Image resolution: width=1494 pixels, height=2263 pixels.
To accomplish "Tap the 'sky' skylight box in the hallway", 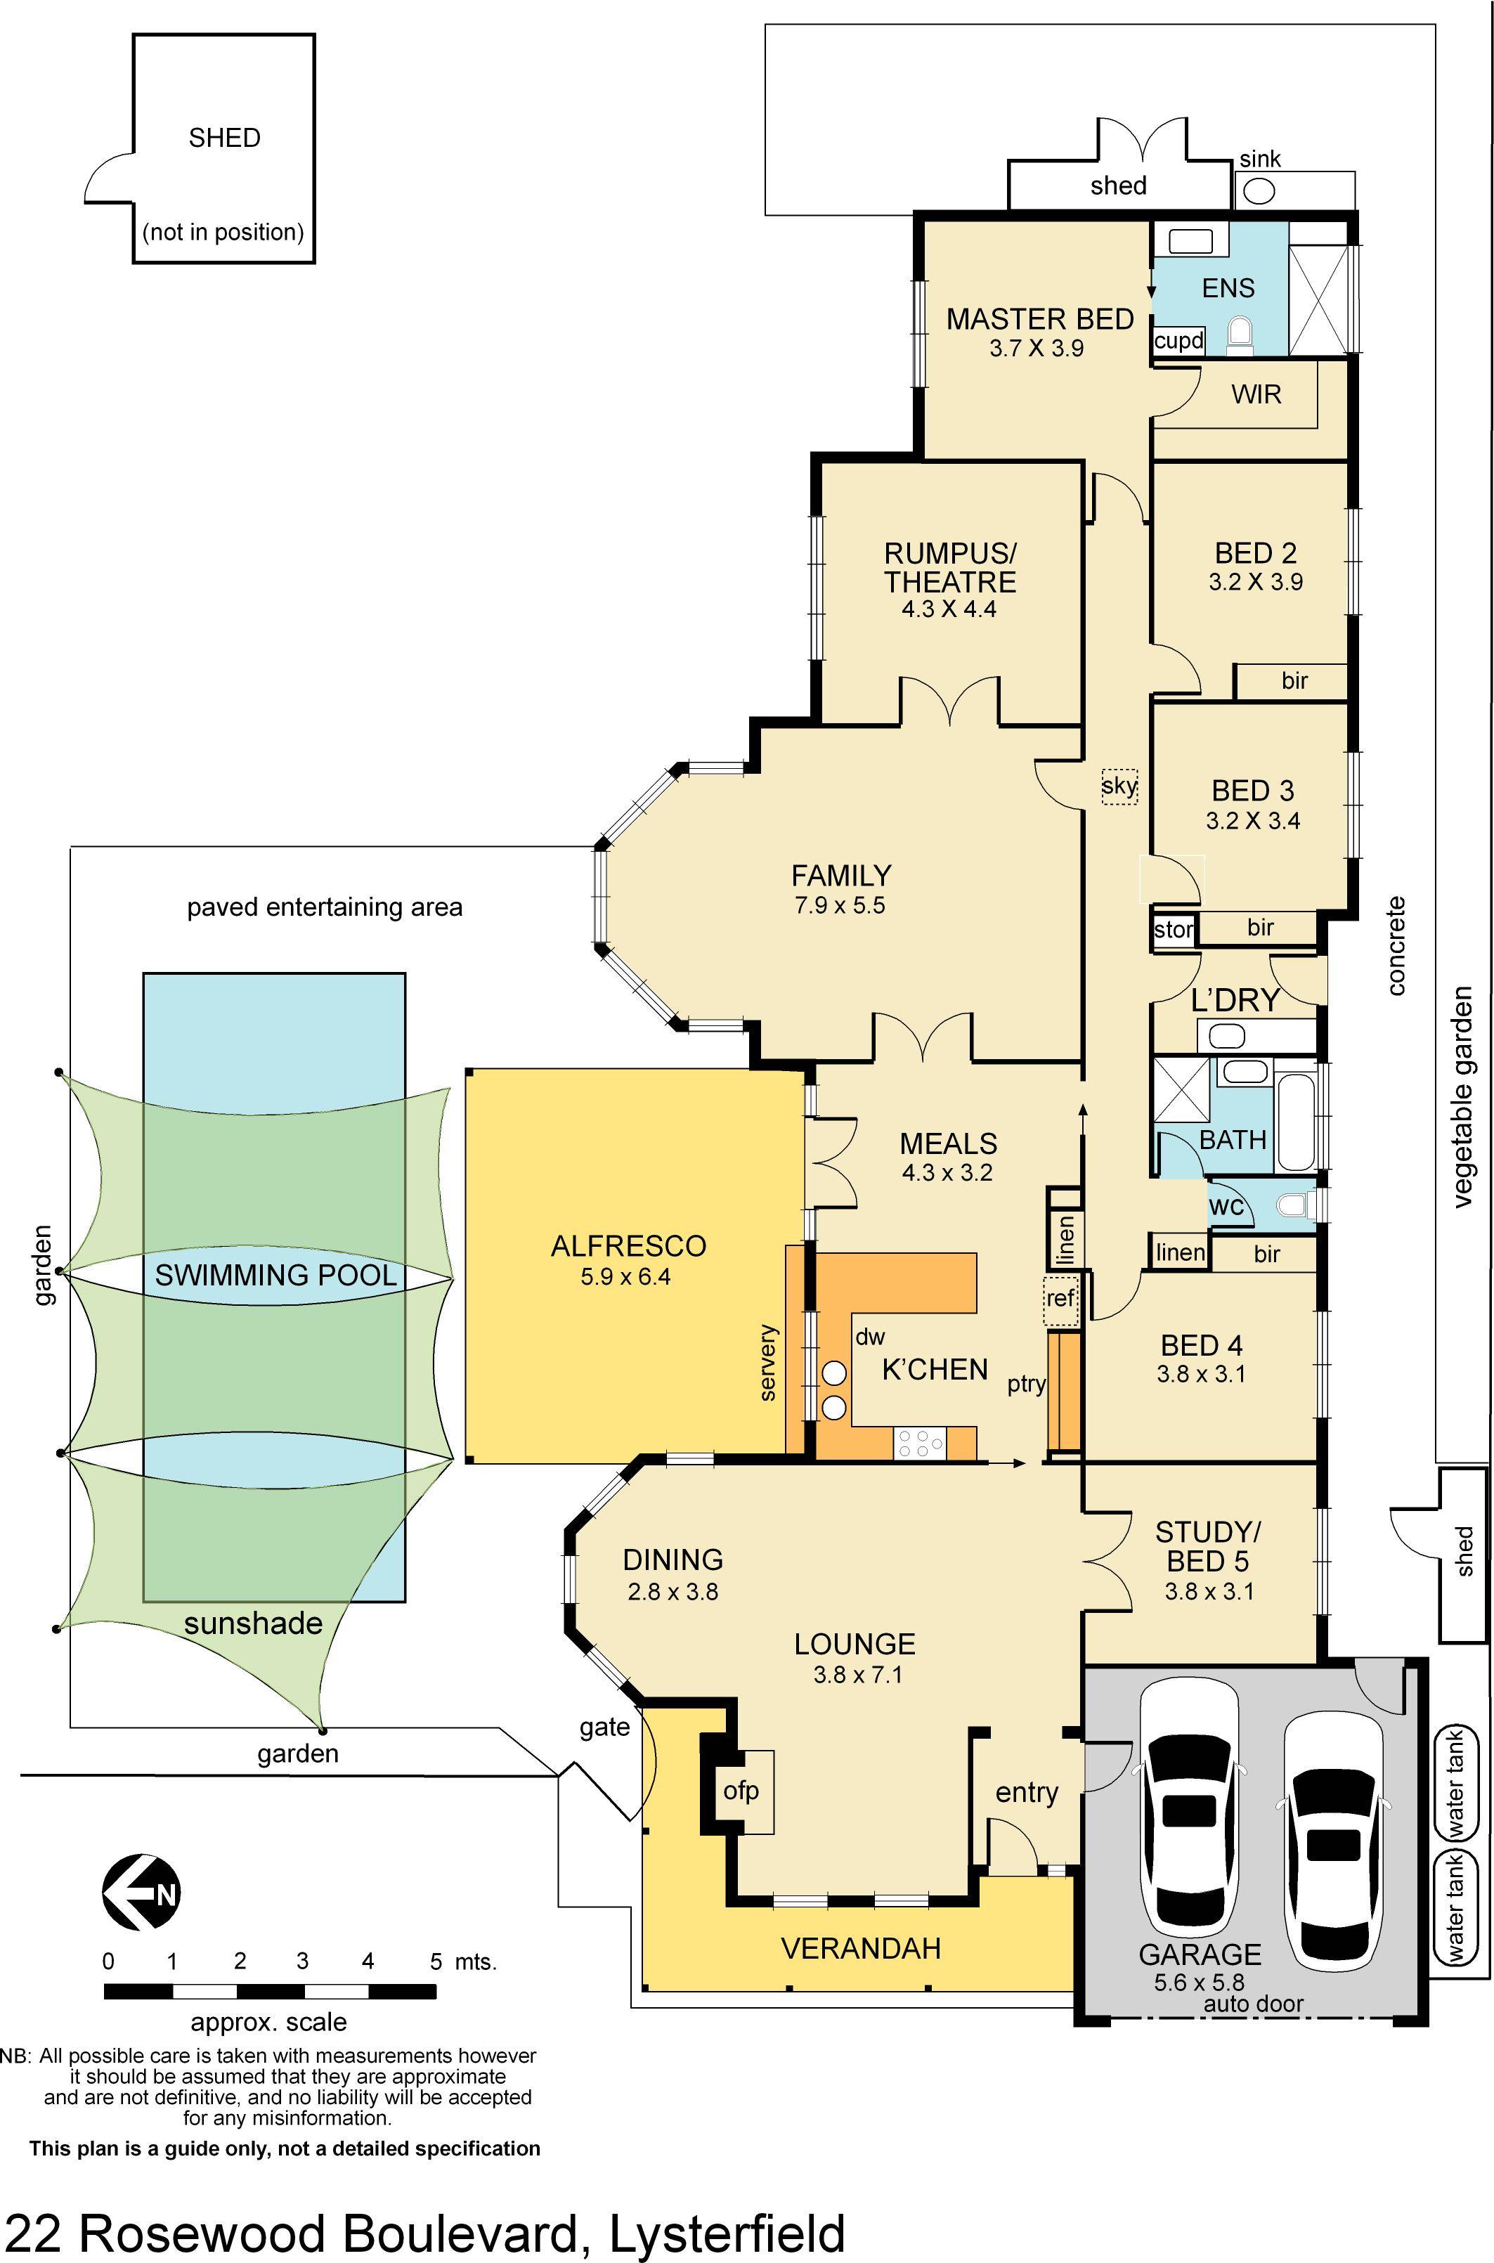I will click(1119, 786).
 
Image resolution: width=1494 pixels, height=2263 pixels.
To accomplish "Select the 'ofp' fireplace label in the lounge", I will click(741, 1791).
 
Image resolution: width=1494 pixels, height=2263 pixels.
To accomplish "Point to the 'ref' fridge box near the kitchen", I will click(1060, 1298).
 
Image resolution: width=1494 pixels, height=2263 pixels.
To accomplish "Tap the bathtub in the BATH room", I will click(1296, 1122).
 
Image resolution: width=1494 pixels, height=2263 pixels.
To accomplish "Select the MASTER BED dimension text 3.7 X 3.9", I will click(1037, 349).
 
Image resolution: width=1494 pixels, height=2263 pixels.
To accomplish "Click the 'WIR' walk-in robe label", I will click(1256, 394).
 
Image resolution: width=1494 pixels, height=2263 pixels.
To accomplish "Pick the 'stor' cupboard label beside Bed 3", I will click(1173, 929).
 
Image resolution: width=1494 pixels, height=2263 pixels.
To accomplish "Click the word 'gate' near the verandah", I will click(605, 1727).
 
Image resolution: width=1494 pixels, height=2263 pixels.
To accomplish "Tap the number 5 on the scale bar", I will click(436, 1961).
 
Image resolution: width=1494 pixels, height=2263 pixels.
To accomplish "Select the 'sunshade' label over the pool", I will click(254, 1623).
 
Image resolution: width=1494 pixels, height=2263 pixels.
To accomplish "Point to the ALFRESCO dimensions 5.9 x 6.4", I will click(626, 1277).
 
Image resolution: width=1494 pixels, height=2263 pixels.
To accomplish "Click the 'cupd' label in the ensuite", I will click(1178, 340).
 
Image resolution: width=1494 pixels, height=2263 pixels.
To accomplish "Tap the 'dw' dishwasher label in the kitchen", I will click(870, 1337).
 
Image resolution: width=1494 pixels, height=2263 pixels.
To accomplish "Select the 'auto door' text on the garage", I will click(1253, 2003).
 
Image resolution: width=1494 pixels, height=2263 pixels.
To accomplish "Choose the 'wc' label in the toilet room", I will click(1226, 1206).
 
